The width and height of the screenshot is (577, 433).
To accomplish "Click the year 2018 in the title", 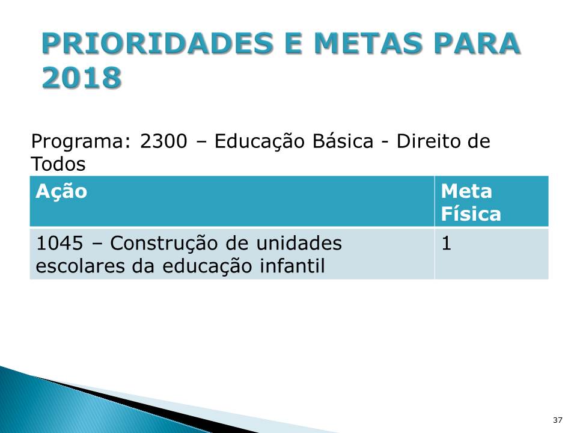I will tap(82, 78).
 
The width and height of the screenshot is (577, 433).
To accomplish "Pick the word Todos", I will tap(58, 163).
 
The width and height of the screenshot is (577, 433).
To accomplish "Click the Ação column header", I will tap(61, 192).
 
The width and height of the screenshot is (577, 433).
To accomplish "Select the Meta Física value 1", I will tap(446, 244).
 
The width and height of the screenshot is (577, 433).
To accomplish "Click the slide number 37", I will tap(557, 419).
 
